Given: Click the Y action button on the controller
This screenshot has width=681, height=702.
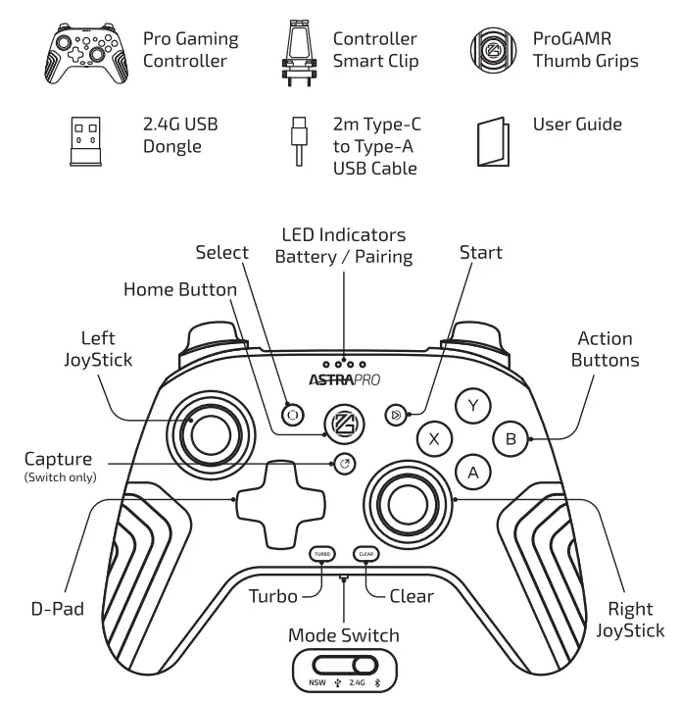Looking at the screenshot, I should [474, 404].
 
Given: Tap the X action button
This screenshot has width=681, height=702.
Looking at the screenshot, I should [434, 439].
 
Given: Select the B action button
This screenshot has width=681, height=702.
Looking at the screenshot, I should [511, 438].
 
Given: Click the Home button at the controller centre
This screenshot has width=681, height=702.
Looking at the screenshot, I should [345, 423].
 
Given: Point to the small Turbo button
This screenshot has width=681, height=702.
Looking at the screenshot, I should [321, 554].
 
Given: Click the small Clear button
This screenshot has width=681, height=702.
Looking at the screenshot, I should [366, 554].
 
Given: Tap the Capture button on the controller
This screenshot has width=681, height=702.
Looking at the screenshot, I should [344, 464].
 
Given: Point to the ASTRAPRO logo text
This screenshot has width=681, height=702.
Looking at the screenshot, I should [344, 378].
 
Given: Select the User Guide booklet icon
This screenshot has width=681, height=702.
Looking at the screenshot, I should [493, 143].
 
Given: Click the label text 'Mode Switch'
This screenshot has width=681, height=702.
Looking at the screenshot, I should [343, 635].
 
